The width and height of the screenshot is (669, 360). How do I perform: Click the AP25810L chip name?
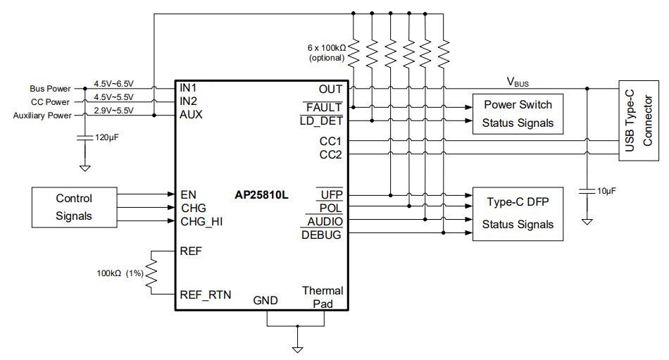coord(261,195)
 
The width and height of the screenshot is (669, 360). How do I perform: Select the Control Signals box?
coord(74,207)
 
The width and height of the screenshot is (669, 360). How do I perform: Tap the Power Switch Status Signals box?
coord(518,113)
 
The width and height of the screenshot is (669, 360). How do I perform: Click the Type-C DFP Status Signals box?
coord(518,213)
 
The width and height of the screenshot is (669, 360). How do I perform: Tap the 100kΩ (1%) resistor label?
coord(120,273)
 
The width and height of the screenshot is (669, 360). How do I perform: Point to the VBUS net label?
coord(518,82)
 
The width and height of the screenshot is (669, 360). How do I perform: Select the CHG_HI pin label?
coord(202,221)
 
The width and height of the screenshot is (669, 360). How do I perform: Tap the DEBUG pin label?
coord(321,235)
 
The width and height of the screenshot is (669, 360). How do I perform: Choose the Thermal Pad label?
coord(323,297)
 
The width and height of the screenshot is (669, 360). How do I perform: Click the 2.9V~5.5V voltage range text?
coord(113,110)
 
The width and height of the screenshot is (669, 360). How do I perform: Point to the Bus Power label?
coord(50,89)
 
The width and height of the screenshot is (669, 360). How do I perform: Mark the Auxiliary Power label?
coord(42,115)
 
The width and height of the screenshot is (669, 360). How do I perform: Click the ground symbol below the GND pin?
coord(297,348)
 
